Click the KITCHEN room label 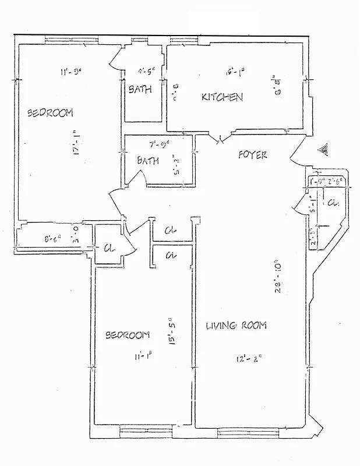tap(222, 97)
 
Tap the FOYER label tap(253, 155)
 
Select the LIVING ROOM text tap(236, 326)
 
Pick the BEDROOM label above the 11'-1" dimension tap(127, 335)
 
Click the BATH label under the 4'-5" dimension tap(140, 89)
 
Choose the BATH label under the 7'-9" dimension tap(148, 161)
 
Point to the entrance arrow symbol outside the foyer tap(323, 149)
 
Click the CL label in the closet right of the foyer tap(332, 203)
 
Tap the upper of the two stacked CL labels tap(171, 230)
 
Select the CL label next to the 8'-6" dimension tap(109, 248)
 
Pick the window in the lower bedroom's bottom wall tap(145, 431)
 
